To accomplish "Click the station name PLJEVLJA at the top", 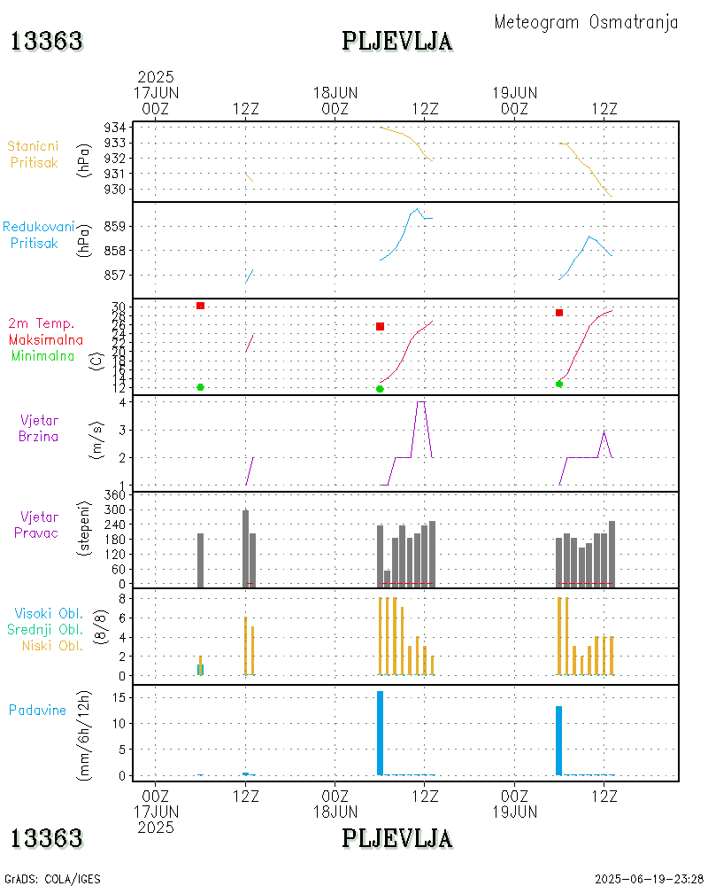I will tap(396, 42).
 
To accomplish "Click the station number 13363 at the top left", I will tap(47, 42).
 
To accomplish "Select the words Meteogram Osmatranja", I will tap(586, 22).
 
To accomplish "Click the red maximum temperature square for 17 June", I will tap(201, 306).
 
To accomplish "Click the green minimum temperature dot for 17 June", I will tap(201, 387).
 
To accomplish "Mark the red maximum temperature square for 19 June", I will tap(559, 313).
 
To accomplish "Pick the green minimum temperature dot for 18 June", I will tap(380, 389).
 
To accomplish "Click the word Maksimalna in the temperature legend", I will tap(46, 339).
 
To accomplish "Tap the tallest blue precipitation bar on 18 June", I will tap(380, 733).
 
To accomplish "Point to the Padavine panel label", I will tap(37, 710).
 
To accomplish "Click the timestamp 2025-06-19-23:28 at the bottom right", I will tap(649, 879).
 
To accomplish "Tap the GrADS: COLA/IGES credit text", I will tap(52, 879).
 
